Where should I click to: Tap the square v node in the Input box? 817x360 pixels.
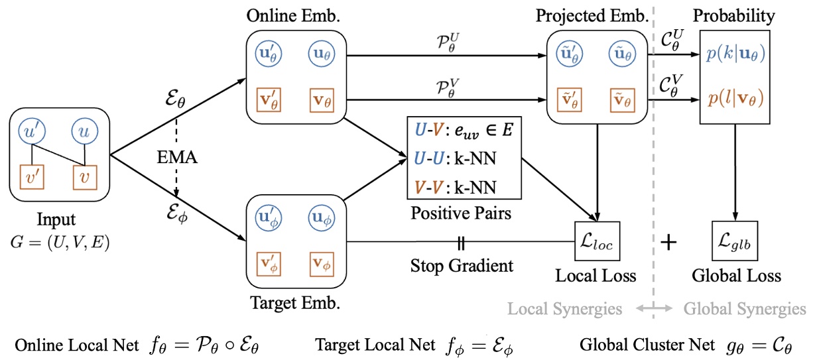coord(83,177)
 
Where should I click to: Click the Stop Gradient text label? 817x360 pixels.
coord(462,266)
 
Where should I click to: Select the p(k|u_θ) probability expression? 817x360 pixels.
coord(735,56)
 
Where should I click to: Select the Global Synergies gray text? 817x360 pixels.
coord(745,308)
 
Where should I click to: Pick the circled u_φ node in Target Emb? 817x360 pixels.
coord(322,217)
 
